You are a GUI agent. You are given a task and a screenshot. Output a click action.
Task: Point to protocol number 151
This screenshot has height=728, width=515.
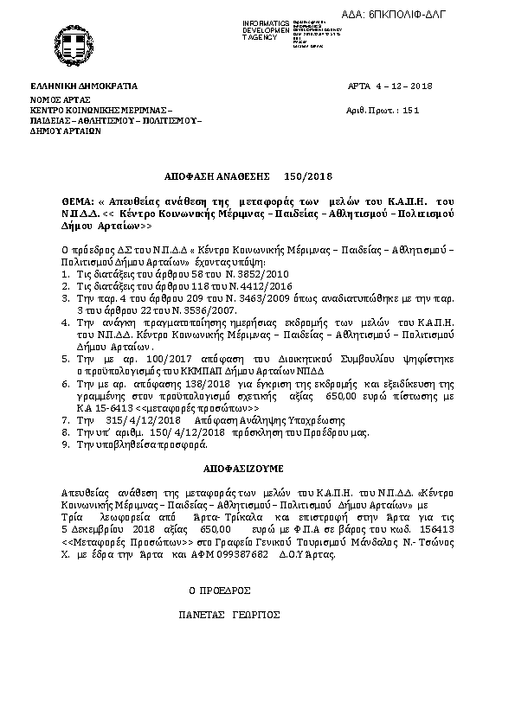pyautogui.click(x=411, y=111)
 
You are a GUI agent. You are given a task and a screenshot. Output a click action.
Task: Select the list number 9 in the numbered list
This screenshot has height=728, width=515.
pyautogui.click(x=66, y=444)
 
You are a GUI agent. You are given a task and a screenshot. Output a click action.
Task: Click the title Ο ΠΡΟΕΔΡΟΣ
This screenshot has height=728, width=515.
pyautogui.click(x=220, y=591)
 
